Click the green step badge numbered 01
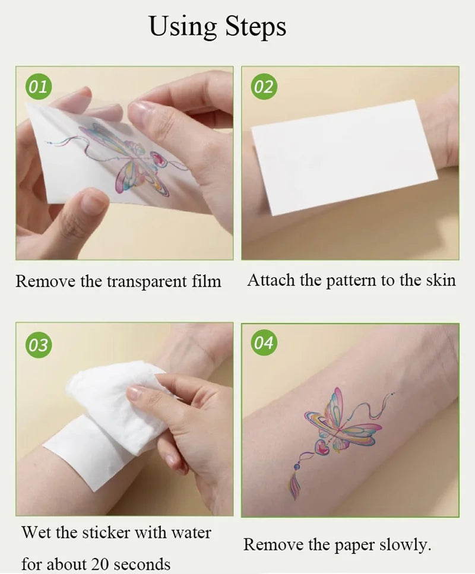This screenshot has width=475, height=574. (x=38, y=87)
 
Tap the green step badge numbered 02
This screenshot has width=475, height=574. (x=263, y=87)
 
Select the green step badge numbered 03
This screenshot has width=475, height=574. (x=38, y=344)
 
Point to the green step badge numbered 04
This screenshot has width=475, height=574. (x=263, y=344)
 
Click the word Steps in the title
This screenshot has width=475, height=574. (x=255, y=26)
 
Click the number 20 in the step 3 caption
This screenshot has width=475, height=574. (x=102, y=563)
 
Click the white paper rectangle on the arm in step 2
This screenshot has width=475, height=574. (x=344, y=157)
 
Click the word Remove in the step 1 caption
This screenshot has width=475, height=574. (x=45, y=281)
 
